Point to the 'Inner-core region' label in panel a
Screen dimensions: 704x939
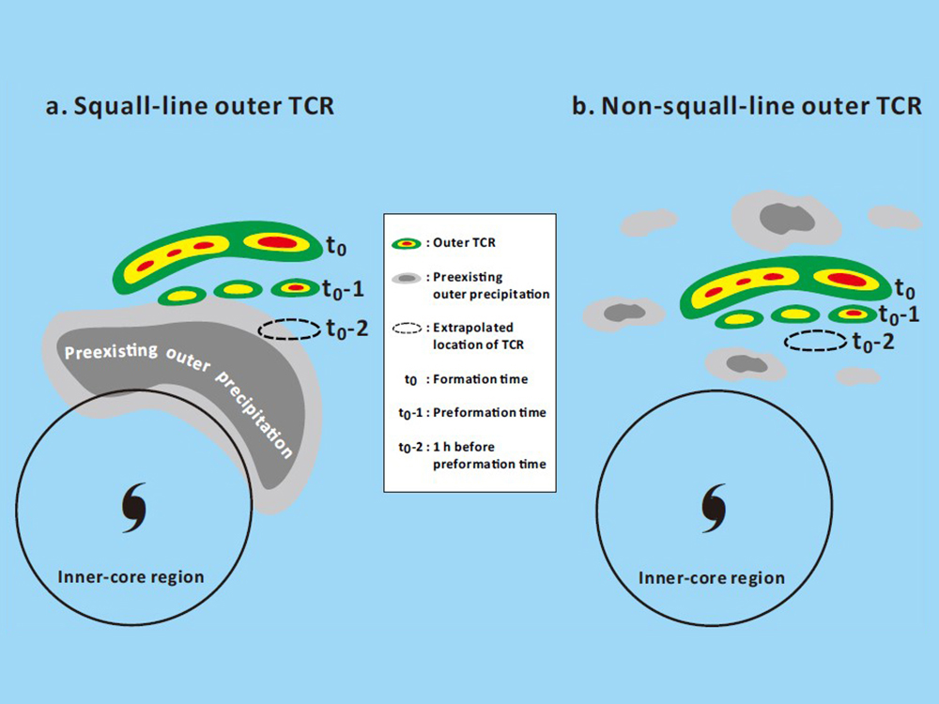click(131, 576)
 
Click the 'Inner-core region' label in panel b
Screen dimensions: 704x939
click(711, 577)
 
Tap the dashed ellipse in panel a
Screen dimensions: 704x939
click(289, 329)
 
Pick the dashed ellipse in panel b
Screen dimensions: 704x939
click(816, 341)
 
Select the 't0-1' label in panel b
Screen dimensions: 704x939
click(898, 314)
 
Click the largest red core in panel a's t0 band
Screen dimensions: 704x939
click(276, 243)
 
